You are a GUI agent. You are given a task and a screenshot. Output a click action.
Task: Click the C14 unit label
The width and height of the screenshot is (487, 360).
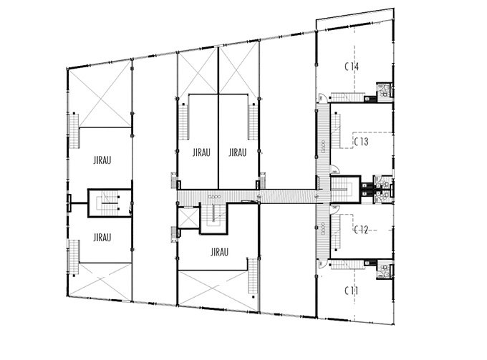[x=352, y=67]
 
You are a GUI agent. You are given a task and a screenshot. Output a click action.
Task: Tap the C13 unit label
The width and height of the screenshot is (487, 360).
[x=361, y=142]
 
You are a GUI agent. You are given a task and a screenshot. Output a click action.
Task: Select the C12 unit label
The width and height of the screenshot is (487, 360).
[x=361, y=230]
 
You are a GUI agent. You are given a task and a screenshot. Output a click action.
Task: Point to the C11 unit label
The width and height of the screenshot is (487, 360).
[x=351, y=291]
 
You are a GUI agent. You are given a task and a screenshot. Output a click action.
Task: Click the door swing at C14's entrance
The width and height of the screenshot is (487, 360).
[x=322, y=98]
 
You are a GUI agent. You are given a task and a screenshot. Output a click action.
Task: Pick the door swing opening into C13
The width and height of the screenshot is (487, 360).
[x=335, y=170]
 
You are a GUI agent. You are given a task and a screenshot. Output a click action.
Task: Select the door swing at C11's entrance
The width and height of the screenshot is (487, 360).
[x=322, y=264]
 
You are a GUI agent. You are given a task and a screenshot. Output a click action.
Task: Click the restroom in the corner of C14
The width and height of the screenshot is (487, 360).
[x=384, y=90]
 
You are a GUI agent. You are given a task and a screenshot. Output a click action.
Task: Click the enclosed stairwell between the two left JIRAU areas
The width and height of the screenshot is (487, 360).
[x=110, y=203]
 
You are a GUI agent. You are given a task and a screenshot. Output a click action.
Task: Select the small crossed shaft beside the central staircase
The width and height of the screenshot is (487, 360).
[x=188, y=218]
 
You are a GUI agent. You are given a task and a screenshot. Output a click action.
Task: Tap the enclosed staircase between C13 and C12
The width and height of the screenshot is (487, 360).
[x=345, y=190]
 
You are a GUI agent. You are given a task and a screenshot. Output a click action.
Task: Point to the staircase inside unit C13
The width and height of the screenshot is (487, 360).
[x=336, y=130]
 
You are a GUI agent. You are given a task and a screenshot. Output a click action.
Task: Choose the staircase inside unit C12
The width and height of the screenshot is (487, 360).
[x=336, y=231]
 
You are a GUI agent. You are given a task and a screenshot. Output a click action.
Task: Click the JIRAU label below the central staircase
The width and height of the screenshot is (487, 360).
[x=220, y=252]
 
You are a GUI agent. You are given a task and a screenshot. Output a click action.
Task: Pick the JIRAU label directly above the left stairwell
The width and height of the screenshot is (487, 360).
[x=102, y=160]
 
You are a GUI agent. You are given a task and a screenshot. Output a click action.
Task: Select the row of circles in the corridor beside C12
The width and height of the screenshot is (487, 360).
[x=323, y=229]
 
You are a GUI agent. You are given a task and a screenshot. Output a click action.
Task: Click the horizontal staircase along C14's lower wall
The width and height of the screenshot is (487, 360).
[x=347, y=97]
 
